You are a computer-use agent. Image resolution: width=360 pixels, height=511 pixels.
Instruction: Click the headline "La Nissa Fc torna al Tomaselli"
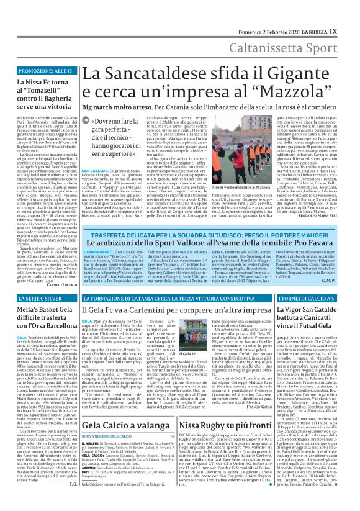point(40,94)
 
